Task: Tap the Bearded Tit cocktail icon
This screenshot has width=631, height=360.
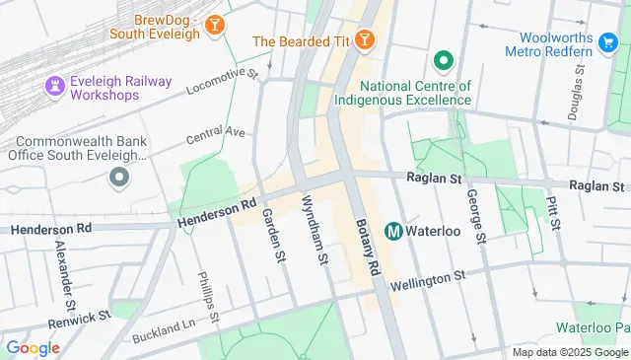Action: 365,40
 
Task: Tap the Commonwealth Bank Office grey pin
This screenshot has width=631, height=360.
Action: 119,178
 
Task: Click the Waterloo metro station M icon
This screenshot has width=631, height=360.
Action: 392,231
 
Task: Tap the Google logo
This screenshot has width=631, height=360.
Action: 33,348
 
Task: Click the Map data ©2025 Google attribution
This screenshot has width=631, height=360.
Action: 569,352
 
